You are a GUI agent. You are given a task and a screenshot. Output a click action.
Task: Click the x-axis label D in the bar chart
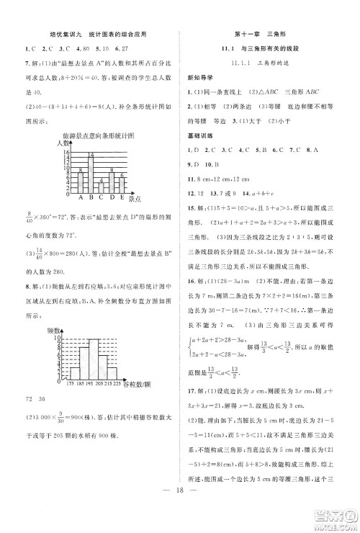pos(112,198)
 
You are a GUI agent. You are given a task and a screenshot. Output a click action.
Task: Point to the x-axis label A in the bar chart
pos(80,198)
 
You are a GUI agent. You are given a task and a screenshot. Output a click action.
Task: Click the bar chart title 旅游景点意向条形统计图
pos(98,136)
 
